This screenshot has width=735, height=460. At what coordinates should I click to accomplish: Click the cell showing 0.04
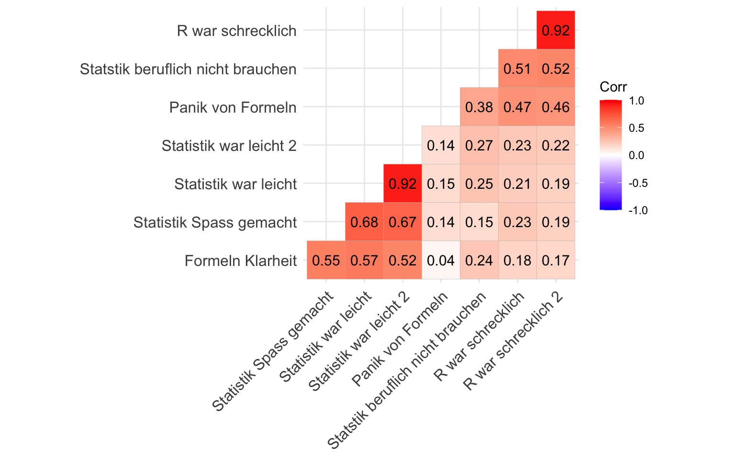pos(441,260)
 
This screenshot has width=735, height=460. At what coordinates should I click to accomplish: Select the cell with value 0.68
pos(364,222)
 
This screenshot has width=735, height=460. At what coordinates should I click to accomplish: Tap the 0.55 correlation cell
pos(326,260)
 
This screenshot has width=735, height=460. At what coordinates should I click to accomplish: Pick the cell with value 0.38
pos(479,107)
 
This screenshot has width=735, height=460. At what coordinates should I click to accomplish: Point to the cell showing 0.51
pos(517,69)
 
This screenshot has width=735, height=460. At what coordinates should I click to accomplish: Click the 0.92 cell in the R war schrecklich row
pos(556,30)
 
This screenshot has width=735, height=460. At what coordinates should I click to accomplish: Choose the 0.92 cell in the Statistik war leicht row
pos(402,184)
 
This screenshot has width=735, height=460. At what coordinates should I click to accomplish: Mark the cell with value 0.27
pos(479,145)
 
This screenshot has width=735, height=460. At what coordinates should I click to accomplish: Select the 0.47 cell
pos(517,107)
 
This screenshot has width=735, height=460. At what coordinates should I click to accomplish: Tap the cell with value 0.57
pos(364,260)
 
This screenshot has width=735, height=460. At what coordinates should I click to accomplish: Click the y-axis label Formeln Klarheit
pos(241,261)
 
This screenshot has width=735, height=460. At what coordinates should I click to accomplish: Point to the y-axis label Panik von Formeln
pos(233,107)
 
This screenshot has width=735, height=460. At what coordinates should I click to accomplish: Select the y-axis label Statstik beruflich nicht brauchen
pos(188,69)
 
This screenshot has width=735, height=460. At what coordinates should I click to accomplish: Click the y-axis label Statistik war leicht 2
pos(229,146)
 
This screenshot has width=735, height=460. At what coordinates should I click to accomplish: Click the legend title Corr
pos(613,87)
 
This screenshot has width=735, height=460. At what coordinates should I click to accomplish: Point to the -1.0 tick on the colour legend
pos(638,210)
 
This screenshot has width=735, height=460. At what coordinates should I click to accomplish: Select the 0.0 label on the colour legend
pos(636,155)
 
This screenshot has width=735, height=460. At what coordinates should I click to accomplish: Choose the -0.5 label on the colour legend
pos(638,183)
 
